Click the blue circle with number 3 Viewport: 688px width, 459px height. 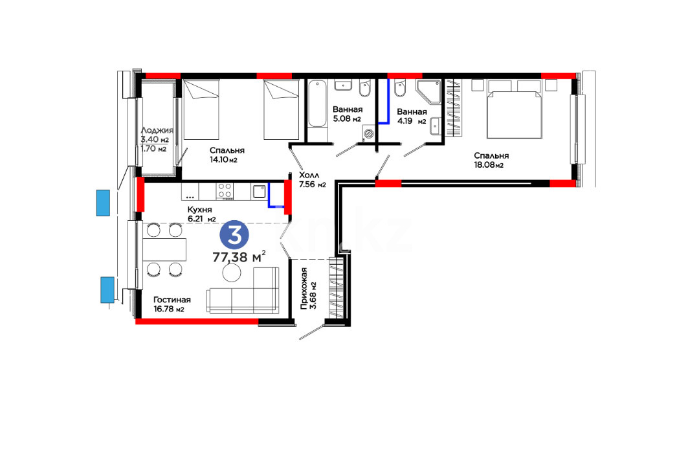point(234,235)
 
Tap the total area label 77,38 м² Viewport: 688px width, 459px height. point(239,256)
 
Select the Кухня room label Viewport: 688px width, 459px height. point(199,209)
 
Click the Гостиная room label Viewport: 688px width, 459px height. point(172,300)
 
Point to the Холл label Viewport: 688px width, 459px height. point(309,175)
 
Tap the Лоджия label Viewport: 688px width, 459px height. point(157,131)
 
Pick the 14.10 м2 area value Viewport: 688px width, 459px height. point(223,160)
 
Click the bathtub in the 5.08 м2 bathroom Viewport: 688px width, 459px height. point(316,104)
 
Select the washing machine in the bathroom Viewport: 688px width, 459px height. point(368,133)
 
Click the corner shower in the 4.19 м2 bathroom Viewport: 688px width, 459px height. point(428,92)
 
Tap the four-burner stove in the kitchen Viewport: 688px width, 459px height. point(225,192)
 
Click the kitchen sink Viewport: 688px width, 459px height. point(259,192)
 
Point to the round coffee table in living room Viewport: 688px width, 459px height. point(232,273)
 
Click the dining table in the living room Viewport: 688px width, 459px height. point(164,249)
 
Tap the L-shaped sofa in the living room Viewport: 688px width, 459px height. point(243,291)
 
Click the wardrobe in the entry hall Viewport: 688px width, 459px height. point(337,289)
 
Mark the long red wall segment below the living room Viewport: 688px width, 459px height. point(197,322)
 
